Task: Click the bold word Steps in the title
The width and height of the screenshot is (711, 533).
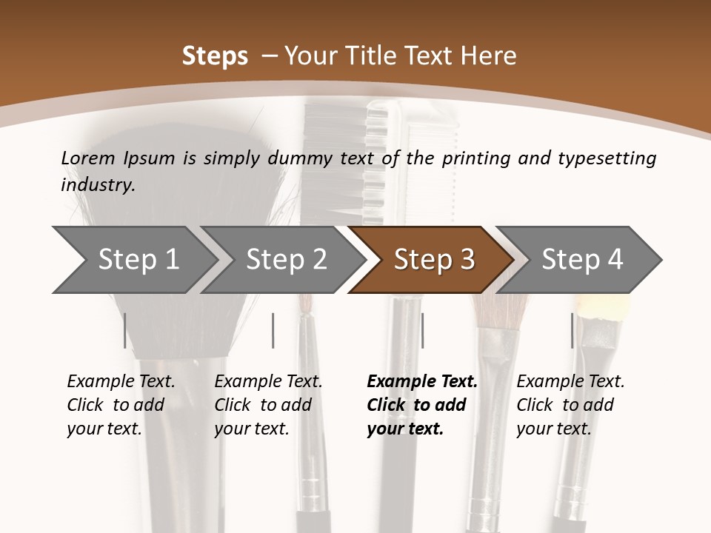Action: pos(215,56)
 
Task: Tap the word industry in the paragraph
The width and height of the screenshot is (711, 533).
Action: pos(97,184)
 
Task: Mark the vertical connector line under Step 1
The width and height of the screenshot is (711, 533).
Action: pos(125,330)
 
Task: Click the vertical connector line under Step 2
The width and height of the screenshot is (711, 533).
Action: pos(273,330)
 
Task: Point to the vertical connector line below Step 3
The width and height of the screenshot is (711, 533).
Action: pos(422,330)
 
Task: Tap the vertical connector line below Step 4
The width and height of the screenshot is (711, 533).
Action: pos(572,330)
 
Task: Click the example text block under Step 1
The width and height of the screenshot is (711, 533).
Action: pos(121,405)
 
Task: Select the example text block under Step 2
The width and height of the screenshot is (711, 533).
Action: pos(268,405)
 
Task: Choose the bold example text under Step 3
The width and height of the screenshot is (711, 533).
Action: pos(422,405)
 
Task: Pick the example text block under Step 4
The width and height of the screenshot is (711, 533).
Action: pos(570,405)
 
